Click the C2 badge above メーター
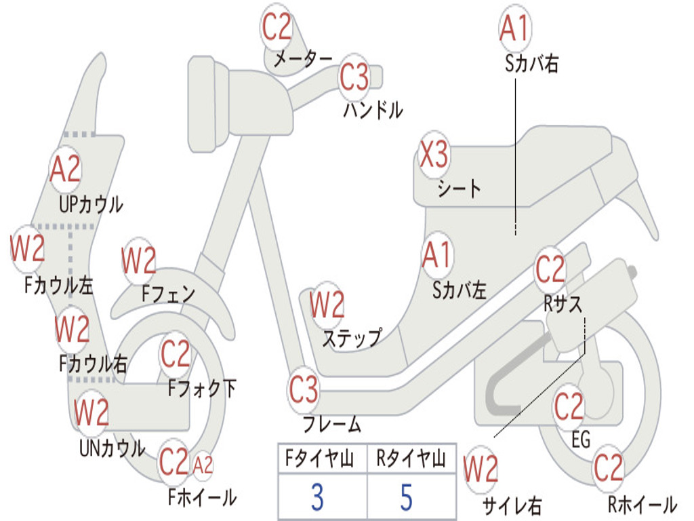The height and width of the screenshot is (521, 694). pos(277,27)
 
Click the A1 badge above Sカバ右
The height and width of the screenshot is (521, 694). pos(515,27)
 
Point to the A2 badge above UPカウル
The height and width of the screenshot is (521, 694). pos(66,169)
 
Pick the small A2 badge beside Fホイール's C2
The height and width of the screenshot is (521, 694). pos(203,465)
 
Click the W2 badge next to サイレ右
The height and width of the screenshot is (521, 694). pos(481,469)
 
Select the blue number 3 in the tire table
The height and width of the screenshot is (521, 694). pos(318,497)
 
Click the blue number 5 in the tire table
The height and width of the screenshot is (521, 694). pos(407,497)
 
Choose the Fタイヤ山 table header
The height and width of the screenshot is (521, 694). pos(320,459)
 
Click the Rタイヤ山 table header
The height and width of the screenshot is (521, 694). pos(411,459)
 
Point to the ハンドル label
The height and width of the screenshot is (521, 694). pos(373,110)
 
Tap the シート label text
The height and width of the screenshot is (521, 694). pos(459,189)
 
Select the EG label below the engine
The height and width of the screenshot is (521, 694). pos(581,440)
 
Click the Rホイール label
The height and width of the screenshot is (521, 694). pos(642,504)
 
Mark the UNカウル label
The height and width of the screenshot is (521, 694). pos(113,448)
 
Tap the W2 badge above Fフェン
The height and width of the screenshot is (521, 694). pos(139,260)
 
